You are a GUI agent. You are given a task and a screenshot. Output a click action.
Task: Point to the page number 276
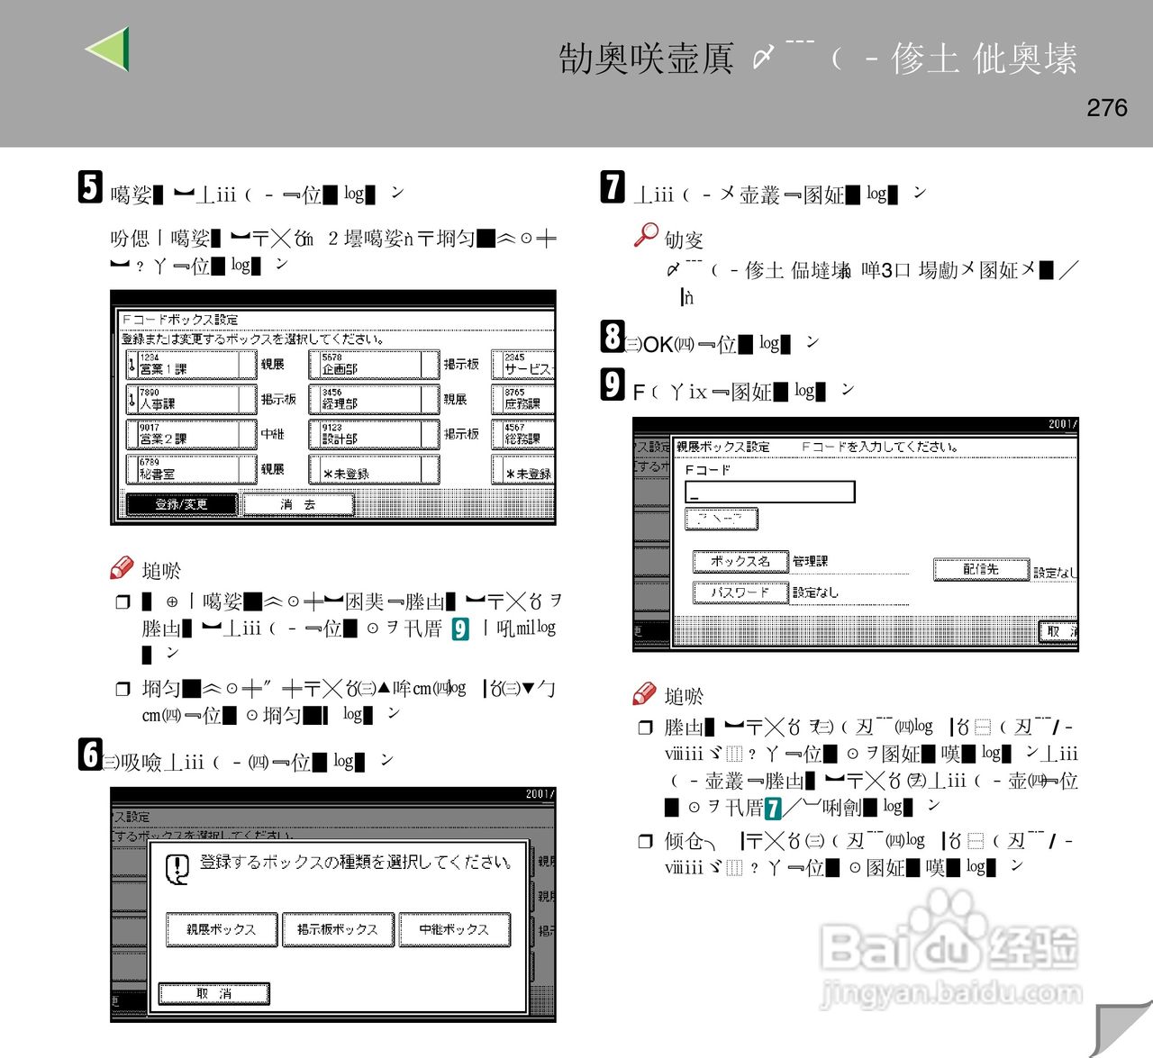click(1106, 108)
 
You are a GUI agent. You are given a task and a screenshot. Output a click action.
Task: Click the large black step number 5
click(90, 187)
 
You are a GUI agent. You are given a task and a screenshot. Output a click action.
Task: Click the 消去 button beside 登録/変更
click(297, 504)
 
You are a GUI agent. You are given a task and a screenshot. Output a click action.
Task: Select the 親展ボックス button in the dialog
click(221, 929)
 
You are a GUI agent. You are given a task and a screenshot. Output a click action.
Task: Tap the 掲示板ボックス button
click(338, 929)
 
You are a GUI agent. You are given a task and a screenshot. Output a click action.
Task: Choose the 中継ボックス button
click(454, 929)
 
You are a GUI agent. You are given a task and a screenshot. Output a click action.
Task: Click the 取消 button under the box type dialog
click(213, 993)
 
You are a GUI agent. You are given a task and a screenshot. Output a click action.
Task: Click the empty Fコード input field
click(769, 492)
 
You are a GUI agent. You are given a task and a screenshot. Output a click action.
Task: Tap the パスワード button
click(740, 592)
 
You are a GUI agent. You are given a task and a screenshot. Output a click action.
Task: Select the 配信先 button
click(981, 569)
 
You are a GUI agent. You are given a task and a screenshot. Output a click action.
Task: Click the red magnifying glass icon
click(645, 235)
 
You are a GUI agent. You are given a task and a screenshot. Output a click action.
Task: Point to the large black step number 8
click(613, 337)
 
